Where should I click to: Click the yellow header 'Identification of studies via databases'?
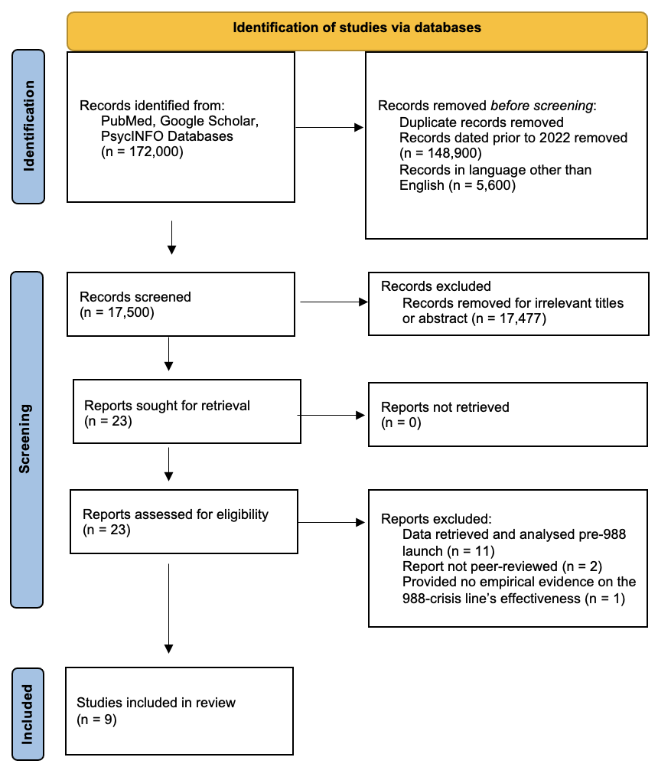pos(357,31)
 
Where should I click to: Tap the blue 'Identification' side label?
pos(28,126)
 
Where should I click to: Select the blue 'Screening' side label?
pos(27,439)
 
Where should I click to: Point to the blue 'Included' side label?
pos(28,714)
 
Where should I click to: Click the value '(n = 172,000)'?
pos(142,152)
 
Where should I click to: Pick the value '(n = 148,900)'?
pos(441,153)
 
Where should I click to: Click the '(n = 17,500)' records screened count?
pos(117,312)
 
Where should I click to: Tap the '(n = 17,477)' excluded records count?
pos(509,318)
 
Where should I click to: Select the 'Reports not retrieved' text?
pos(445,407)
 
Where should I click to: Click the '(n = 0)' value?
pos(401,423)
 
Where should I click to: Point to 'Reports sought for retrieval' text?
pos(167,406)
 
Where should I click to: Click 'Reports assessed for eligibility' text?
pos(175,514)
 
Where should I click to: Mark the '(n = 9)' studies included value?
pos(96,720)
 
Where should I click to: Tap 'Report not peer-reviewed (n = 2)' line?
pos(502,566)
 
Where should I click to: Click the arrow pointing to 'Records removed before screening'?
pos(330,128)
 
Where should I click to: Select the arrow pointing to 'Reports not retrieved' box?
pos(331,416)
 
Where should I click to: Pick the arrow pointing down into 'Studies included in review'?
pos(168,609)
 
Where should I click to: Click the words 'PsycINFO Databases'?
pos(167,136)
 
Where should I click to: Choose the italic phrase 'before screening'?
pos(541,106)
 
